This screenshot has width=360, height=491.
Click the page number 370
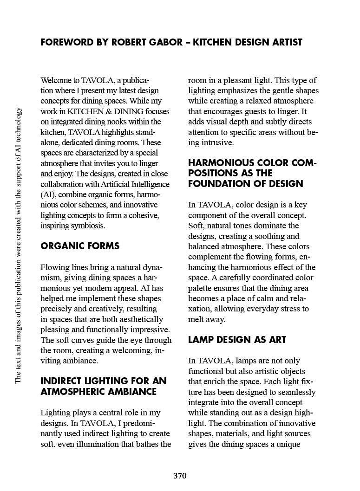[180, 476]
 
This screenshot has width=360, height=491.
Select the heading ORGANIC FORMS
[80, 246]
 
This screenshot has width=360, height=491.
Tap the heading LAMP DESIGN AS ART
[237, 340]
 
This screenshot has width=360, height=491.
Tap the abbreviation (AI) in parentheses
[48, 194]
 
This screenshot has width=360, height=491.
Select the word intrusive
[217, 142]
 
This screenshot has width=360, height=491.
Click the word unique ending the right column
[289, 444]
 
